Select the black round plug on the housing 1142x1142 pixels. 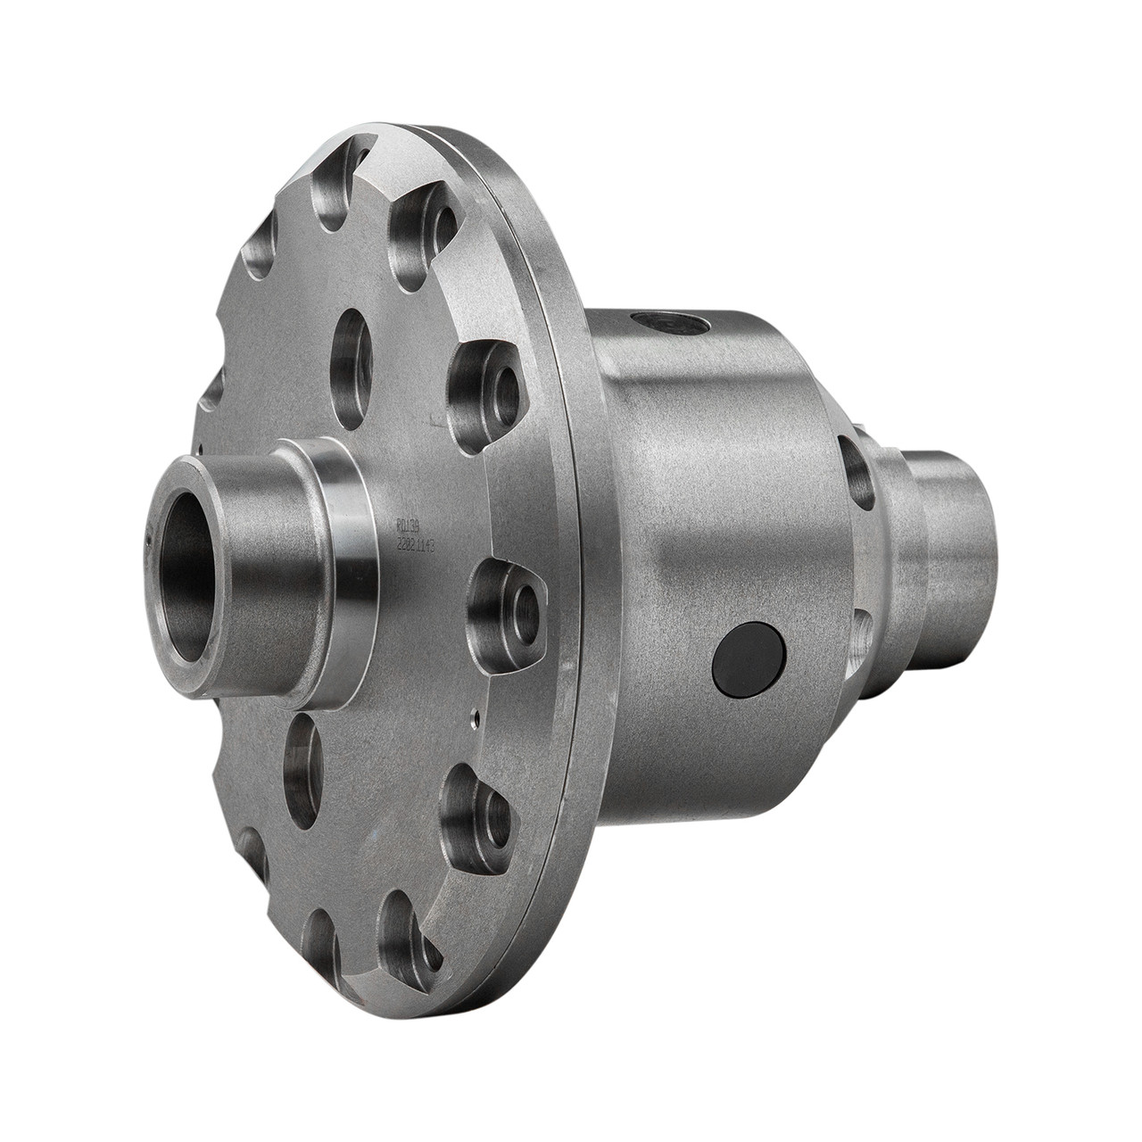click(x=749, y=659)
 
